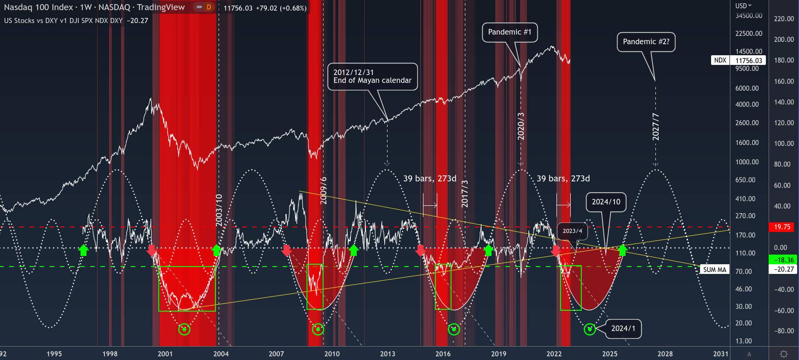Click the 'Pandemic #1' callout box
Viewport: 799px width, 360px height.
[510, 32]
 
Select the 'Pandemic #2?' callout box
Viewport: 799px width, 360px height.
[646, 42]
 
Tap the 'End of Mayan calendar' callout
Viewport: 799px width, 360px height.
[372, 76]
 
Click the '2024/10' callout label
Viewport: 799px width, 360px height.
[606, 202]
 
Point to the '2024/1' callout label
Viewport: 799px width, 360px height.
[623, 329]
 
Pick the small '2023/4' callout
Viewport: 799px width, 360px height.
[572, 231]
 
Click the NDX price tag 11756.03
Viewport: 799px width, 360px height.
[748, 60]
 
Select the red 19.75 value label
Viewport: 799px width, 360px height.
[782, 227]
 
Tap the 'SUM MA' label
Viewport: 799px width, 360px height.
[714, 270]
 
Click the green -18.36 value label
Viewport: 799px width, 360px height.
[783, 260]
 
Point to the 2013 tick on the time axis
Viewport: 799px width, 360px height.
[388, 354]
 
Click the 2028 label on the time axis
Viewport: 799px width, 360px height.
[665, 354]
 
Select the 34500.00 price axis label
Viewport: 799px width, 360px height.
[748, 16]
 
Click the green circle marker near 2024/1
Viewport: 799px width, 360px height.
[590, 329]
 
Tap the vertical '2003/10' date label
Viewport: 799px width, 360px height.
[219, 210]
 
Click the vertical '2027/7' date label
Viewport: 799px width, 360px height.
[656, 127]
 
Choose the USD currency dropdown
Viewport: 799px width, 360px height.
[743, 6]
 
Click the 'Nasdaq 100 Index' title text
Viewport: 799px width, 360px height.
[38, 7]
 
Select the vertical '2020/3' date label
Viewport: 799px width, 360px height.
[521, 126]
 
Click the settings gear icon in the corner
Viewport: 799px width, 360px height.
[784, 354]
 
